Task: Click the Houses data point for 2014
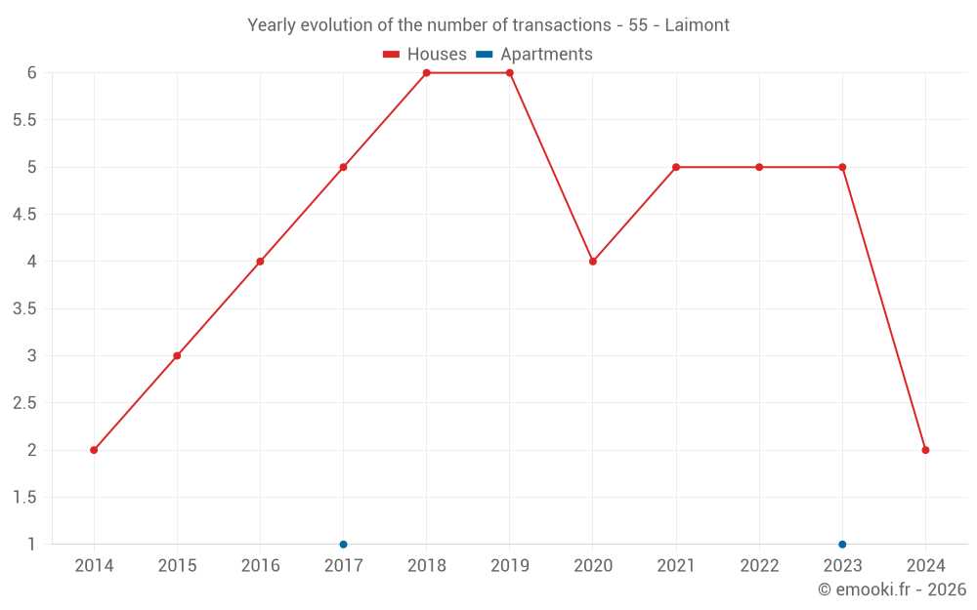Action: coord(94,450)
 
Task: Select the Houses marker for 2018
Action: coord(427,73)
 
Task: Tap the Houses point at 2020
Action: coord(593,262)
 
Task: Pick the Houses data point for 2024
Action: coord(925,450)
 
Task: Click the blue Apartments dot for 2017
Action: coord(343,544)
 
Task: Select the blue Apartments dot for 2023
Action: coord(842,544)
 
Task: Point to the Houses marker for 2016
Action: coord(260,262)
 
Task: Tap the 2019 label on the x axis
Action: coord(510,566)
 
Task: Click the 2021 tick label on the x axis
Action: coord(676,566)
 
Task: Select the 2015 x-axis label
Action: coord(177,566)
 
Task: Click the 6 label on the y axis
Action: coord(31,73)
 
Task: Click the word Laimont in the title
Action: coord(697,25)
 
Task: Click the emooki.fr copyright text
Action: coord(892,590)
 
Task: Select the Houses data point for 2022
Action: coord(759,167)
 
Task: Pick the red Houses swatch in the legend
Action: coord(392,55)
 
